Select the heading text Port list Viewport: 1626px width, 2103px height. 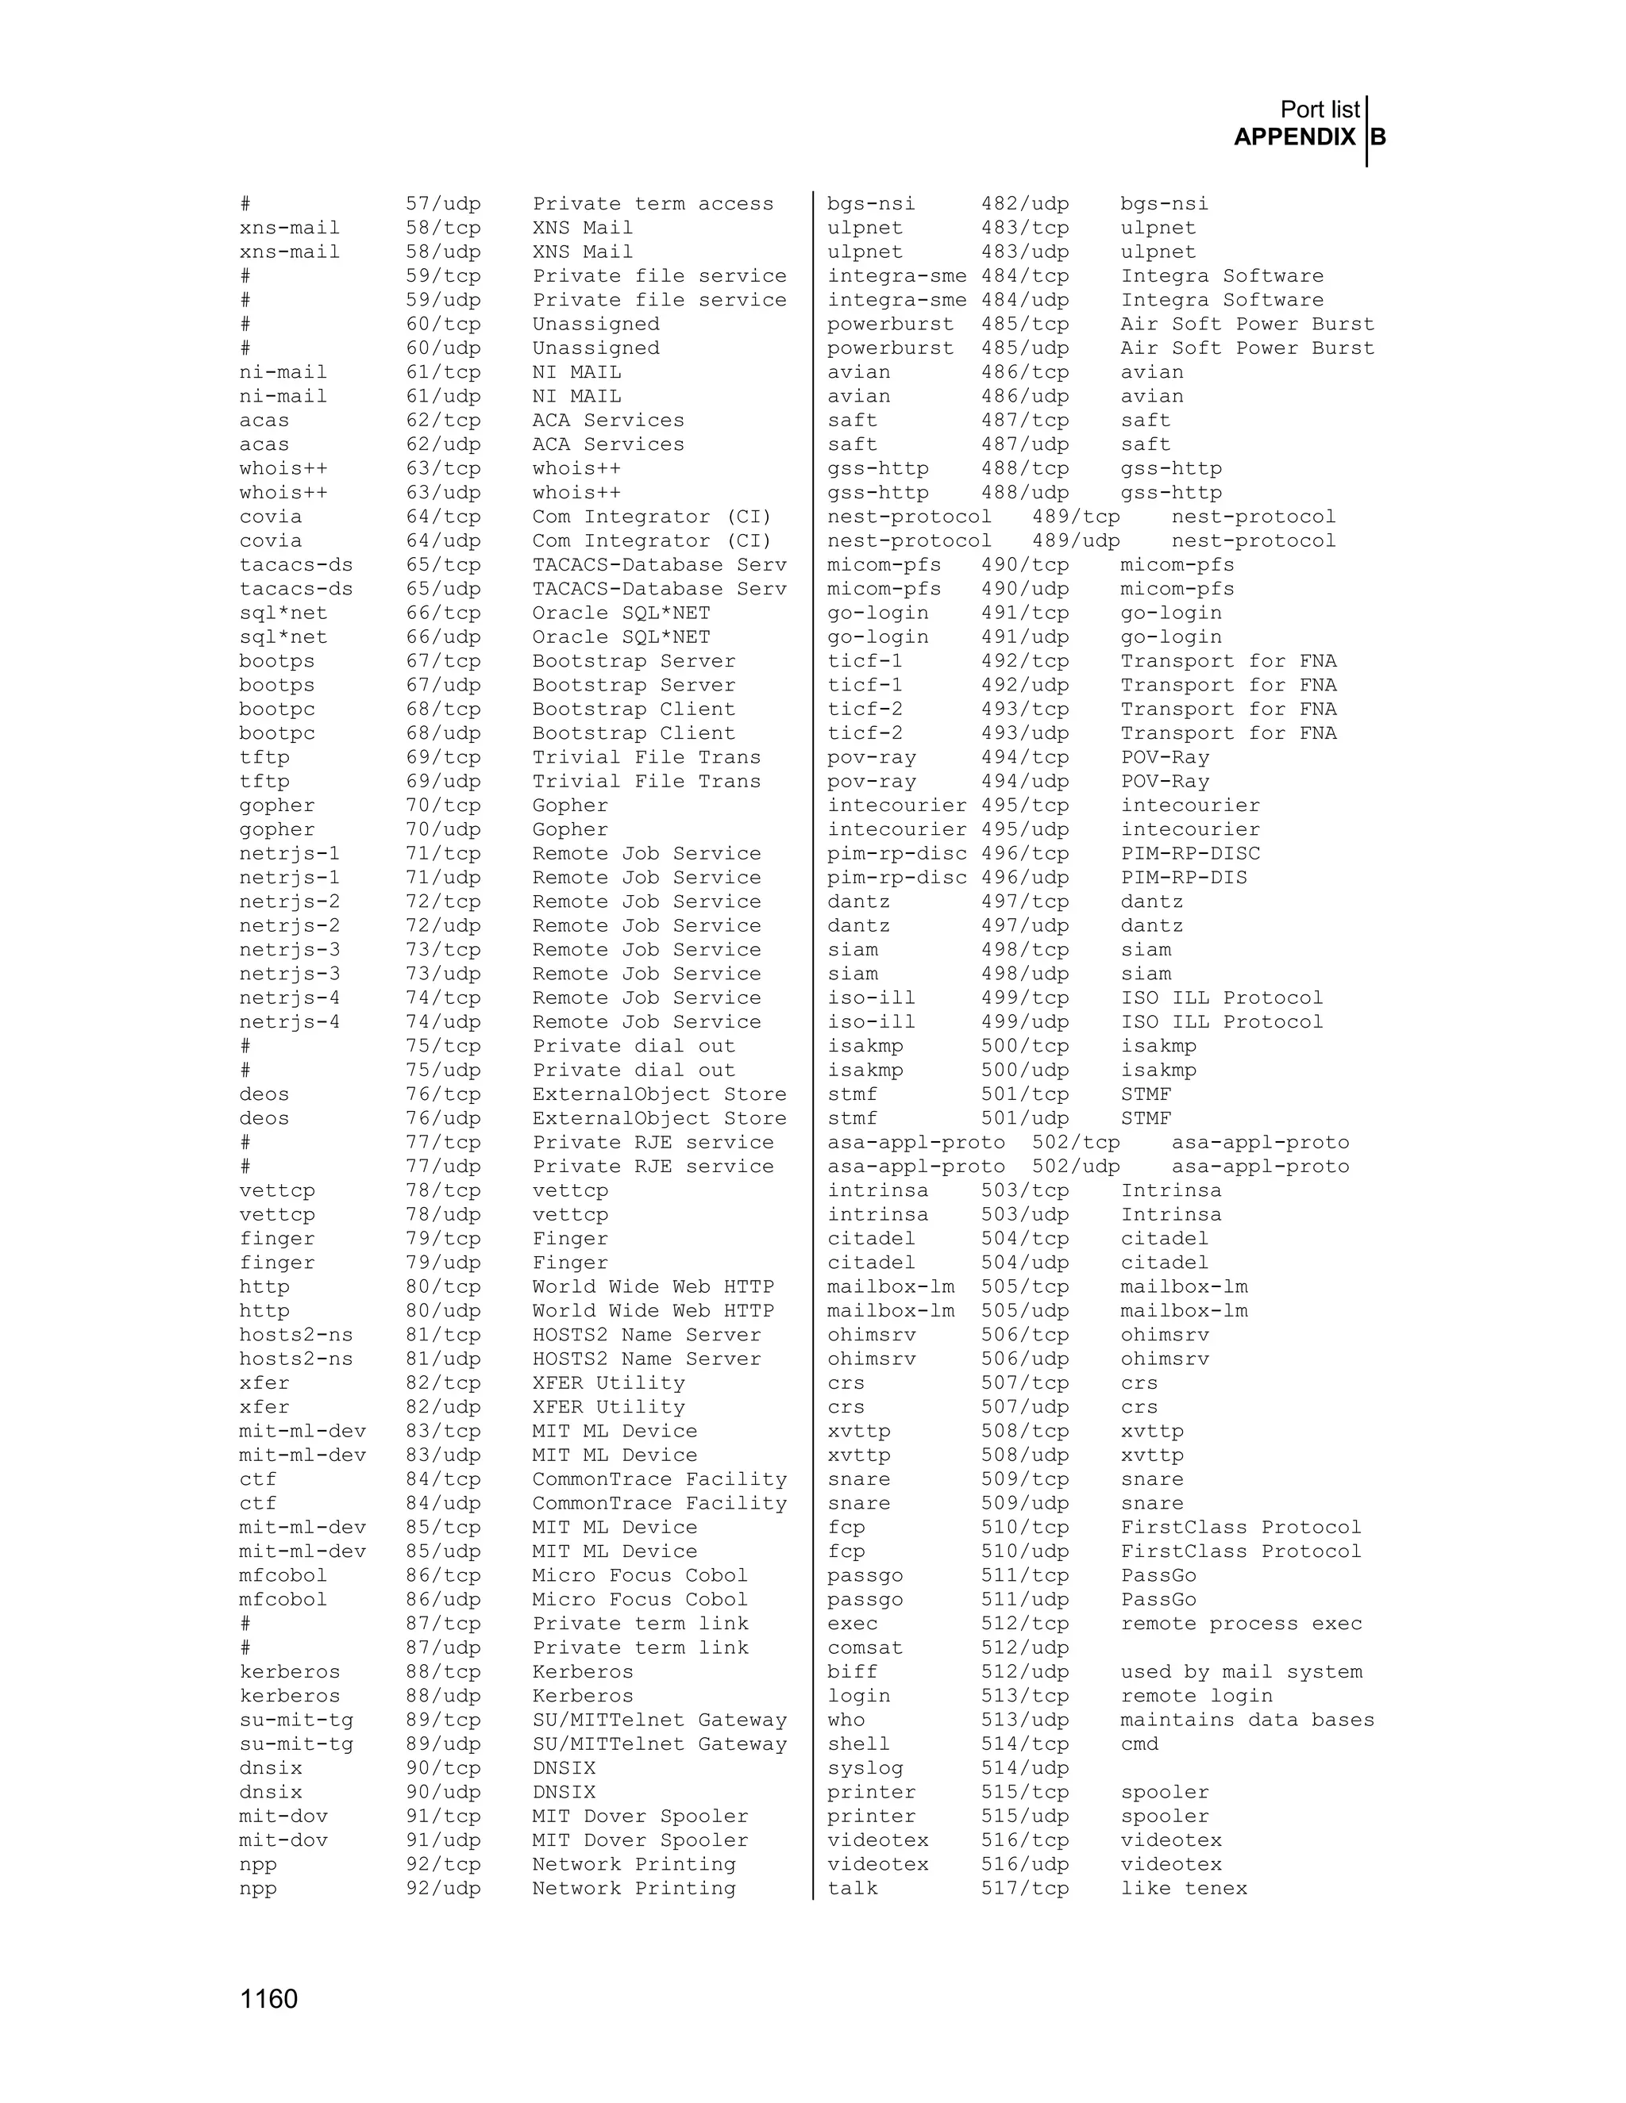coord(1319,110)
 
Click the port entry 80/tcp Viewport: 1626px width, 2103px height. coord(442,1286)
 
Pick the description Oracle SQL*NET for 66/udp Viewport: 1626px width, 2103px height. coord(622,637)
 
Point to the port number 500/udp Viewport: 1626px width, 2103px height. coord(1025,1070)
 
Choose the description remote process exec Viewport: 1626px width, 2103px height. coord(1241,1624)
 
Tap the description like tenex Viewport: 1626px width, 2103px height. coord(1184,1888)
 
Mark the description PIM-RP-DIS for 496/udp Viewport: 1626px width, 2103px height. coord(1184,877)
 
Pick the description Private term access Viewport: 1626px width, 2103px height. coord(653,204)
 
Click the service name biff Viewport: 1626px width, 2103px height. coord(853,1671)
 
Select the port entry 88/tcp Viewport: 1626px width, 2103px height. coord(442,1671)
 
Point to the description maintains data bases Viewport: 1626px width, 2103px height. coord(1247,1720)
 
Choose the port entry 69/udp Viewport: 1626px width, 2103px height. coord(442,781)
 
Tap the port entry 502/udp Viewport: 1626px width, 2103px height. coord(1076,1166)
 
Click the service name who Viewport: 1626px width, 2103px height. coord(846,1720)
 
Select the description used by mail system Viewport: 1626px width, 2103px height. coord(1241,1671)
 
